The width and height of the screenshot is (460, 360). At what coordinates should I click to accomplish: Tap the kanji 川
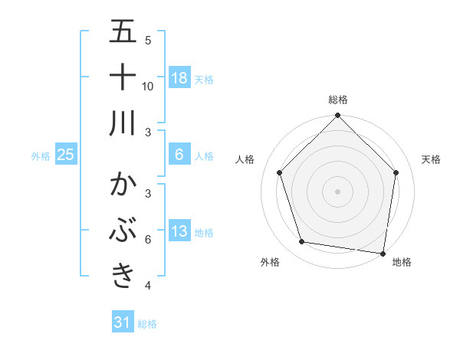click(123, 123)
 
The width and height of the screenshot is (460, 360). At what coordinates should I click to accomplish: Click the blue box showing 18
click(179, 77)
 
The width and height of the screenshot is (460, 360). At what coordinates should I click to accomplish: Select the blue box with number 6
click(179, 155)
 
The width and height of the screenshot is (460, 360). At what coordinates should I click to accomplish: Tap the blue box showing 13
click(179, 231)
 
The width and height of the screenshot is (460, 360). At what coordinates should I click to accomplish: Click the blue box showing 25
click(66, 155)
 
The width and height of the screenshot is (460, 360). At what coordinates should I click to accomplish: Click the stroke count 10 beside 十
click(148, 86)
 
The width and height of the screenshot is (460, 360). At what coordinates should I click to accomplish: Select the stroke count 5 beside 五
click(148, 40)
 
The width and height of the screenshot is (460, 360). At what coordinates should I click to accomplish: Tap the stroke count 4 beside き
click(148, 286)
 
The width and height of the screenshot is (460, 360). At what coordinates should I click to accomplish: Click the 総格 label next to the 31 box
click(147, 324)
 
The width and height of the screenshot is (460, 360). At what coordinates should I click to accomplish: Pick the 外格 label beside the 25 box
click(41, 156)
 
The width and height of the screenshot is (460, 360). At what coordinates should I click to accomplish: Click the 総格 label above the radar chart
click(338, 100)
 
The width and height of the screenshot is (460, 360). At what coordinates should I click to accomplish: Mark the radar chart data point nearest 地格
click(383, 253)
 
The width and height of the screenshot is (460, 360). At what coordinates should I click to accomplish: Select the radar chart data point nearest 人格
click(280, 172)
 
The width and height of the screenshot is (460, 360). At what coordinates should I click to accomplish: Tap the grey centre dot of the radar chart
click(338, 191)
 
